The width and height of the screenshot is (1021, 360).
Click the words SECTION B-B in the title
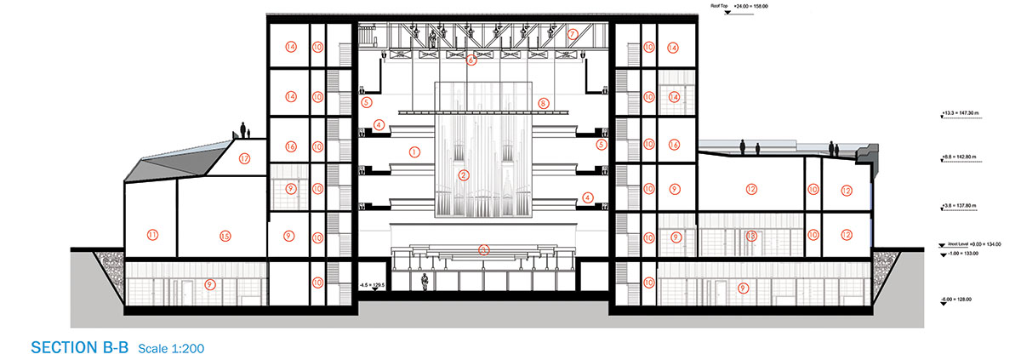[x=79, y=348]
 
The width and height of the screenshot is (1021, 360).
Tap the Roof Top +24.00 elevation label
[x=744, y=6]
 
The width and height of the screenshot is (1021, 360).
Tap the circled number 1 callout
[x=414, y=152]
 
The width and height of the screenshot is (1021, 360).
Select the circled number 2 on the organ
[x=464, y=176]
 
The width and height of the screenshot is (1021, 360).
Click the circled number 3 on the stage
[x=484, y=249]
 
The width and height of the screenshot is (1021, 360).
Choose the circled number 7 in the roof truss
[x=573, y=35]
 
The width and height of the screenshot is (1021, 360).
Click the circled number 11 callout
[x=152, y=234]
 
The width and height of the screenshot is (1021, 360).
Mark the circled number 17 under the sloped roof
[x=244, y=157]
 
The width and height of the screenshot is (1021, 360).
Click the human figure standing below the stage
[x=425, y=283]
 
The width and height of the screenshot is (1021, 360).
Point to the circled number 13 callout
[x=750, y=235]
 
